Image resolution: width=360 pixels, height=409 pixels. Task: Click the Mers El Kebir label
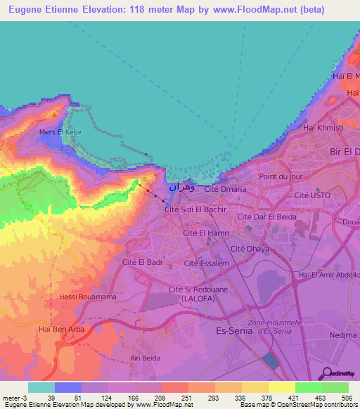60,131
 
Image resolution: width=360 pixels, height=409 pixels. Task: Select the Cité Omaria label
225,189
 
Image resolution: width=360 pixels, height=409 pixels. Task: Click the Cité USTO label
312,195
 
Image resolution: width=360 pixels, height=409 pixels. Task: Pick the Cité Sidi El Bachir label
195,209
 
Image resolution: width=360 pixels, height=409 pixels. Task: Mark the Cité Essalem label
207,263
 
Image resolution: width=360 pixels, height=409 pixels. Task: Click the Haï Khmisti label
322,127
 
